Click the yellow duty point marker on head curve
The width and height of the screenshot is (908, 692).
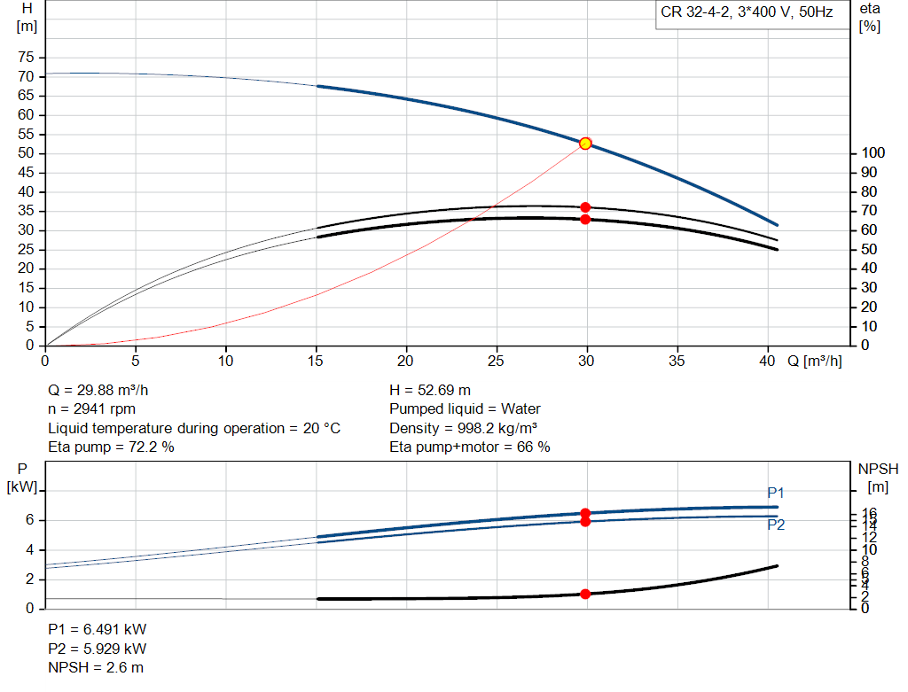tap(585, 144)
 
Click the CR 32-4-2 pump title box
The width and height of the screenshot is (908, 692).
tap(748, 14)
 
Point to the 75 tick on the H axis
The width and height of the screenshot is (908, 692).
tap(27, 57)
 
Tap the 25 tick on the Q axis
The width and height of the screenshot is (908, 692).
tap(497, 361)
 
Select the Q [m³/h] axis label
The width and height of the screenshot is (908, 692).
tap(814, 361)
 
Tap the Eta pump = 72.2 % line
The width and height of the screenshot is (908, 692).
tap(111, 447)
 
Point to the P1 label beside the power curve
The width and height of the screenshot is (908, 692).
tap(776, 493)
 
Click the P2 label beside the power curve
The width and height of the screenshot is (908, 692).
tap(776, 525)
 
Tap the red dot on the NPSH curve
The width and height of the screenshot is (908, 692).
tap(585, 594)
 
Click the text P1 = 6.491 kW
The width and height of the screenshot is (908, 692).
tap(98, 629)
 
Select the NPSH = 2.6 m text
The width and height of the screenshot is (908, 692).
tap(95, 667)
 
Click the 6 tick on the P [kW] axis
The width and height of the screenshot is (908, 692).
tap(29, 520)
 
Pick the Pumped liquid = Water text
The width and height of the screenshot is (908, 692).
tap(465, 408)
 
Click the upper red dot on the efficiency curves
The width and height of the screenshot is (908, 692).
tap(585, 207)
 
